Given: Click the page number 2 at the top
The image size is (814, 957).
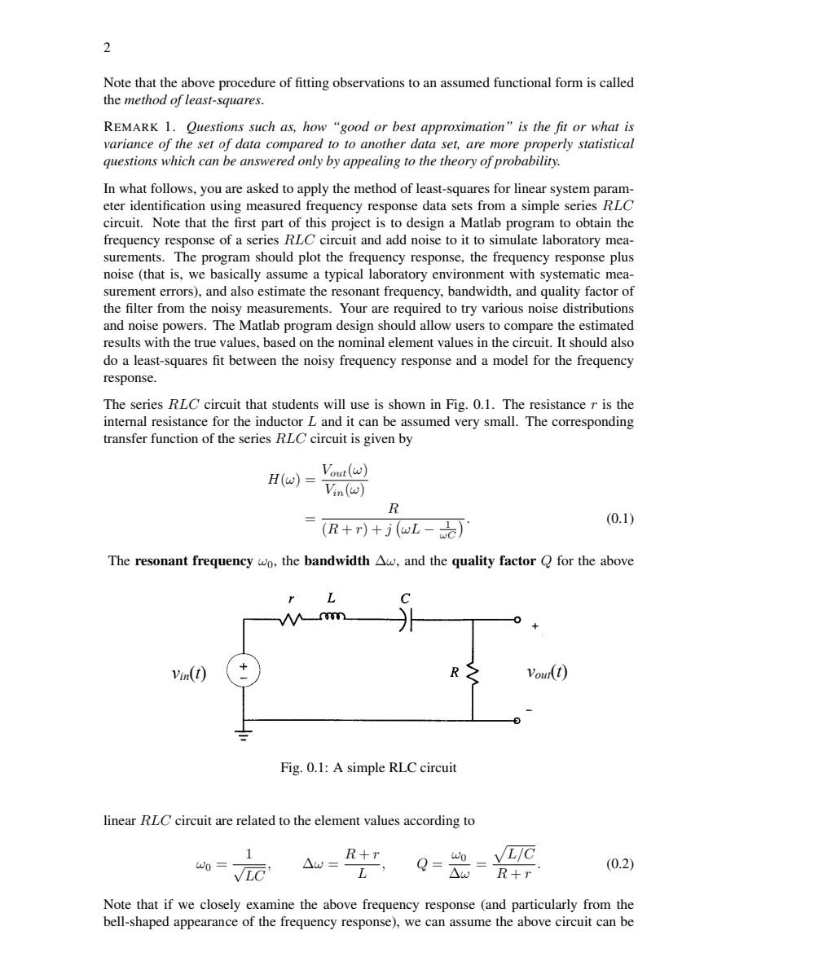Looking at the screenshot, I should point(107,47).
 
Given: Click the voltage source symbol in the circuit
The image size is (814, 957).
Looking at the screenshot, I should point(243,672).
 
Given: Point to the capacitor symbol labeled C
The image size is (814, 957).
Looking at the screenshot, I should point(406,621).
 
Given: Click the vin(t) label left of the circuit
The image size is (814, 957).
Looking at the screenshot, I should point(188,674).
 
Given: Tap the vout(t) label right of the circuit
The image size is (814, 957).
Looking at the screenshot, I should point(547,672).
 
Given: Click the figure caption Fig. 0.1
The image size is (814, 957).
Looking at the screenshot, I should point(368,768).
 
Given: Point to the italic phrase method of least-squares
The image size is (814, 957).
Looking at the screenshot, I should point(193,101).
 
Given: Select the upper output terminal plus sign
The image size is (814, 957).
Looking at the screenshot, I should point(535,626).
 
